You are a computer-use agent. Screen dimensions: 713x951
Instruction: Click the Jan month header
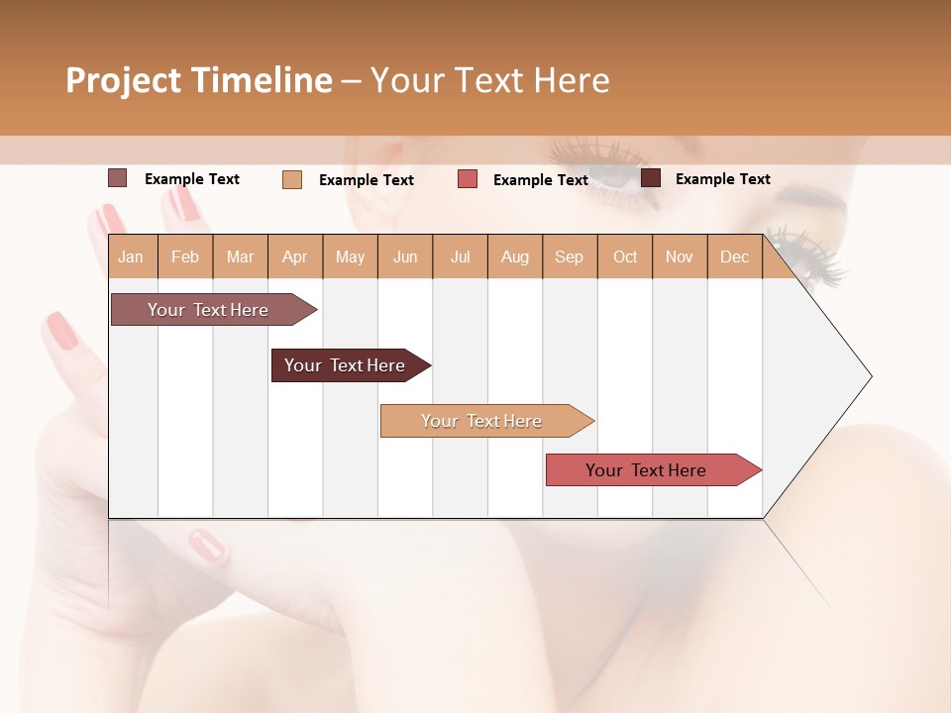coord(131,256)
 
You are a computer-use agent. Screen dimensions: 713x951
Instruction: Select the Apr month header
coord(295,256)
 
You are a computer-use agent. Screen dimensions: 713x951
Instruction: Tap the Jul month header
coord(460,256)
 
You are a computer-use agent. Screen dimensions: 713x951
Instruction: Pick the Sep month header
coord(569,256)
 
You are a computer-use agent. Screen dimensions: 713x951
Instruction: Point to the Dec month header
coord(734,256)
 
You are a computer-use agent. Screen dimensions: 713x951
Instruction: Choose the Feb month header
coord(185,256)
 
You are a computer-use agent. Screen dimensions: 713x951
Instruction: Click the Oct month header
coord(625,256)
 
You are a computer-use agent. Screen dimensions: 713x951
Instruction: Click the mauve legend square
coord(117,178)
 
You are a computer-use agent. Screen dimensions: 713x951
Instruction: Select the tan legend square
coord(292,179)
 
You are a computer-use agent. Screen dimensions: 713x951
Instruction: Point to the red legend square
coord(468,179)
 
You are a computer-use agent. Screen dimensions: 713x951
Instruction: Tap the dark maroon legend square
coord(651,178)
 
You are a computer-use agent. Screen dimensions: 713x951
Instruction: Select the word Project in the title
coord(124,80)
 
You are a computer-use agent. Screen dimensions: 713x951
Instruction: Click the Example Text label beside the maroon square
coord(722,179)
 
